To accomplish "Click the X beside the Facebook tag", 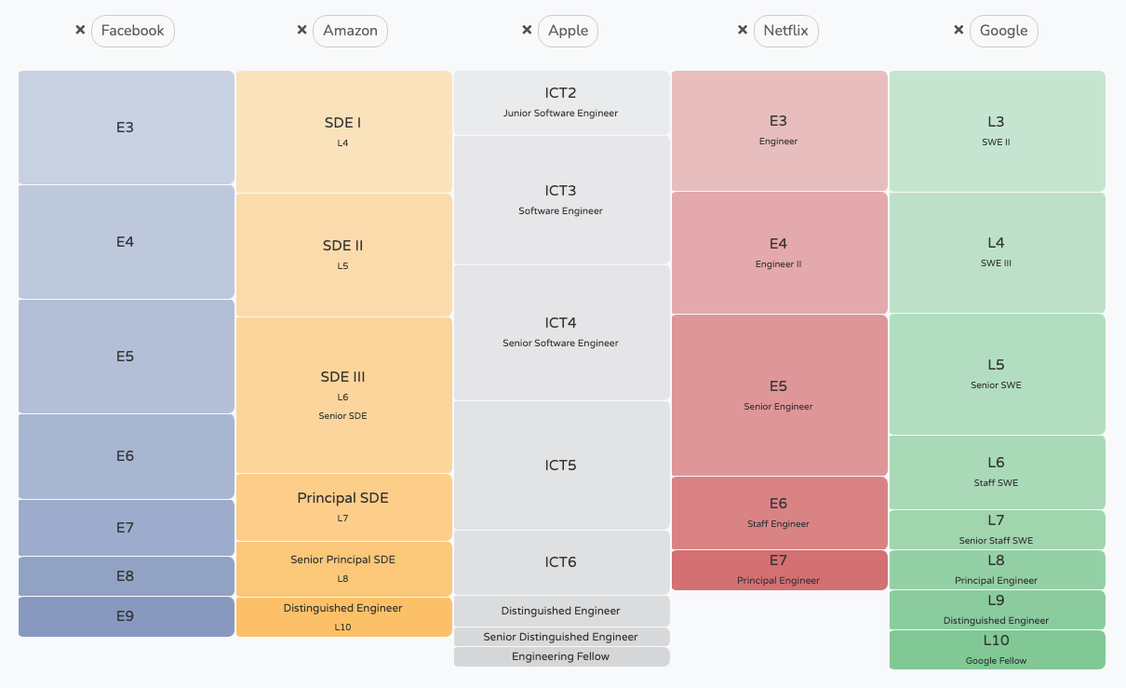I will [80, 30].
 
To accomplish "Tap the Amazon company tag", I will [350, 31].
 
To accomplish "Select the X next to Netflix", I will [743, 30].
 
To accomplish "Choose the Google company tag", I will [1003, 31].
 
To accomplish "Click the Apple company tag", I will [568, 31].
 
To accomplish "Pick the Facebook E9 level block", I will [126, 616].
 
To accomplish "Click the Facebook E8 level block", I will [126, 576].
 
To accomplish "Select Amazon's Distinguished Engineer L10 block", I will [343, 617].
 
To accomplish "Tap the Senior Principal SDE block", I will [343, 569].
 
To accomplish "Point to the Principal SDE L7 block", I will [343, 507].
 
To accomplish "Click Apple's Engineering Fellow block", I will [561, 657].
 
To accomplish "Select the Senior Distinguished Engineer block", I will [561, 637].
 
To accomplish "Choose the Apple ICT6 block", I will [561, 562].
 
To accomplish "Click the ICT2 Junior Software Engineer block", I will [561, 102].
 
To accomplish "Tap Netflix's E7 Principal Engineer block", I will [779, 570].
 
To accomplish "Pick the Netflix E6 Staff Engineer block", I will [779, 513].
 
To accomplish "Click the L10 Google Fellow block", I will [997, 650].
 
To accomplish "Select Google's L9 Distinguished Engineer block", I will [997, 610].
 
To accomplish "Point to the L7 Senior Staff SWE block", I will [997, 530].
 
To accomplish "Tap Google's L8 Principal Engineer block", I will [997, 570].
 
